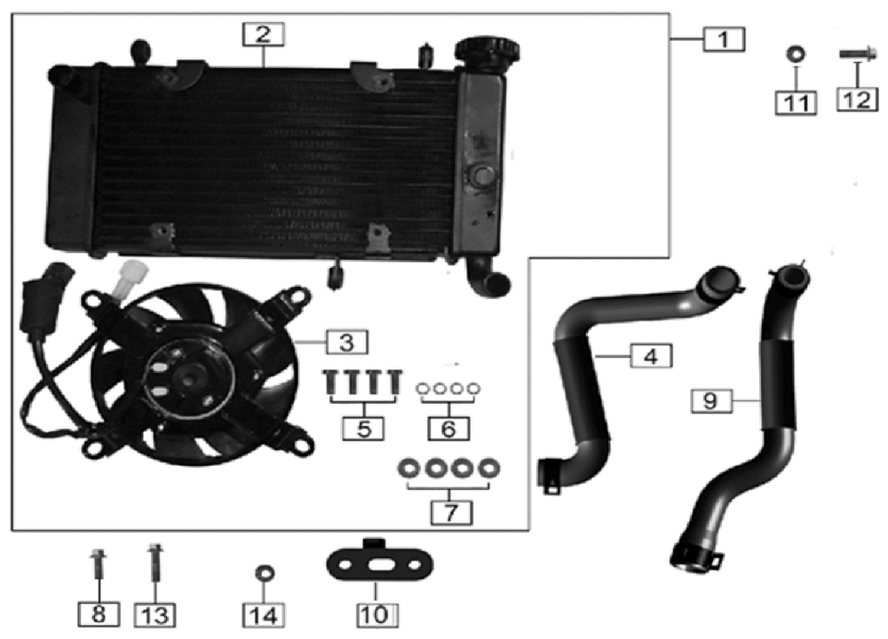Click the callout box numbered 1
point(724,39)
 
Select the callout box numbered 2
point(264,34)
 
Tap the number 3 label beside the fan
point(346,342)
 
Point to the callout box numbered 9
point(711,401)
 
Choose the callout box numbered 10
point(377,615)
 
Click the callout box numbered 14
point(264,615)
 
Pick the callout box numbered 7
point(451,513)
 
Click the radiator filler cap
point(488,52)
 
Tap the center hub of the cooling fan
point(190,377)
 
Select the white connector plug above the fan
point(131,279)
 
